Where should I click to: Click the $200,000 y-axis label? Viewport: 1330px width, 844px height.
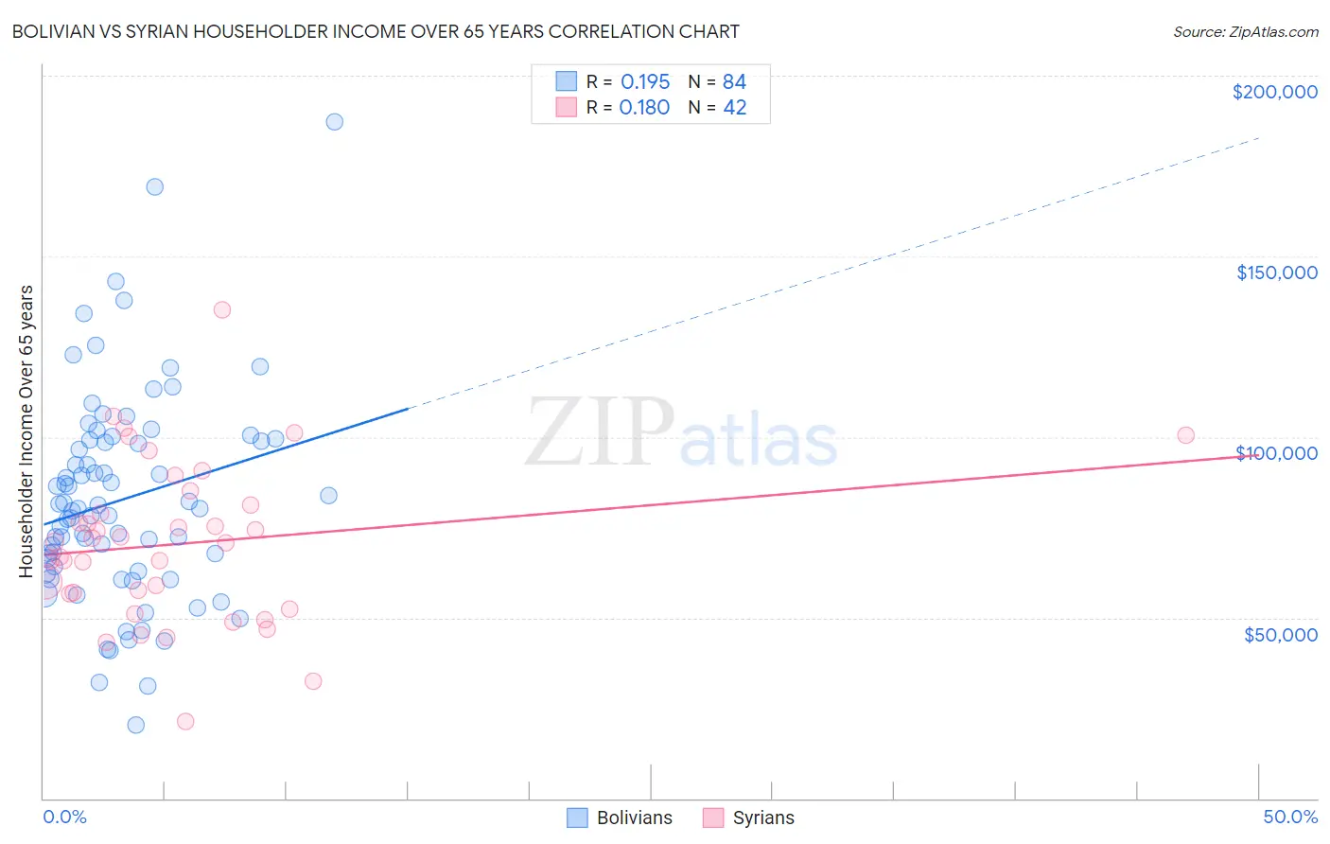coord(1274,92)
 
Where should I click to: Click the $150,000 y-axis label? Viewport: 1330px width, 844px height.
coord(1276,273)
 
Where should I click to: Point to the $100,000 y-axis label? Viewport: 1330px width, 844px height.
coord(1276,453)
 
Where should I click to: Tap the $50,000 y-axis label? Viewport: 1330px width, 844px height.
coord(1280,634)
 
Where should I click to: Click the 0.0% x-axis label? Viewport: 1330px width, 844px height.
coord(64,817)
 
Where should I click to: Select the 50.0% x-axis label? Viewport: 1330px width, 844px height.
coord(1290,817)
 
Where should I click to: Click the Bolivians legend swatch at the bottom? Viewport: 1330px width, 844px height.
coord(577,818)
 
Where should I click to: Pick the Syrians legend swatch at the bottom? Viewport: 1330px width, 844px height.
coord(713,818)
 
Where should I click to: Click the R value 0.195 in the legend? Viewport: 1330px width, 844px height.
coord(645,81)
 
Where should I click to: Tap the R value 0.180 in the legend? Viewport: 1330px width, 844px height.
coord(644,108)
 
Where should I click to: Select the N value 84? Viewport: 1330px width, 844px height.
coord(734,81)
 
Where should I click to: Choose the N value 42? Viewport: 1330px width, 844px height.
coord(734,108)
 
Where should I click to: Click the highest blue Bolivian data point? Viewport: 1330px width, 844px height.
coord(334,122)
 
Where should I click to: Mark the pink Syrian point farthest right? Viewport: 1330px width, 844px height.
coord(1185,435)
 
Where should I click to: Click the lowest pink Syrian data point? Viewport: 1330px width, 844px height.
coord(185,722)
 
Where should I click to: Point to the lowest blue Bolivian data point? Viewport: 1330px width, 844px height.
coord(136,725)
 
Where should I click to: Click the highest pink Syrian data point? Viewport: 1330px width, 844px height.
coord(222,309)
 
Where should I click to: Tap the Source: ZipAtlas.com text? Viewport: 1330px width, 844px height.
coord(1245,32)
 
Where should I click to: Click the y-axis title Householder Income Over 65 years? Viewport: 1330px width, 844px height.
coord(26,431)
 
